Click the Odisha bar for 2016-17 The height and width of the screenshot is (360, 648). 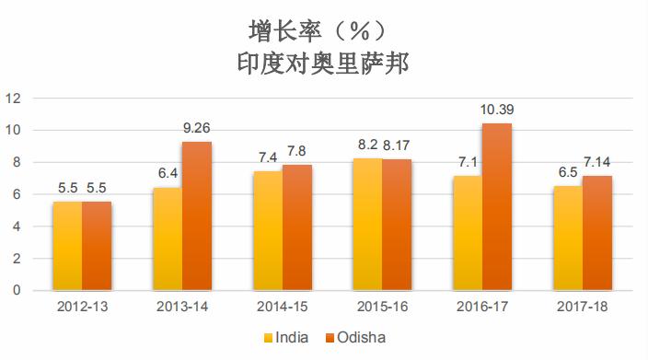click(497, 207)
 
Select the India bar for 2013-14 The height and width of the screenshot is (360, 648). click(167, 238)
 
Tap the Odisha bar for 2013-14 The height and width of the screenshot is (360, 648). click(196, 215)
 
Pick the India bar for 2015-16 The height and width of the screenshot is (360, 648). click(367, 224)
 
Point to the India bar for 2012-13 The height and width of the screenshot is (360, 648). click(66, 246)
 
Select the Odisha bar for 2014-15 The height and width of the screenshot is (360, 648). click(296, 227)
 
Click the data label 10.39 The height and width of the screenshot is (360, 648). click(497, 110)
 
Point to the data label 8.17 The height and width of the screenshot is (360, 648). click(398, 145)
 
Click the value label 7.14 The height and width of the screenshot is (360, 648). click(596, 162)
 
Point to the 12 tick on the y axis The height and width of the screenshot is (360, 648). click(13, 98)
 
